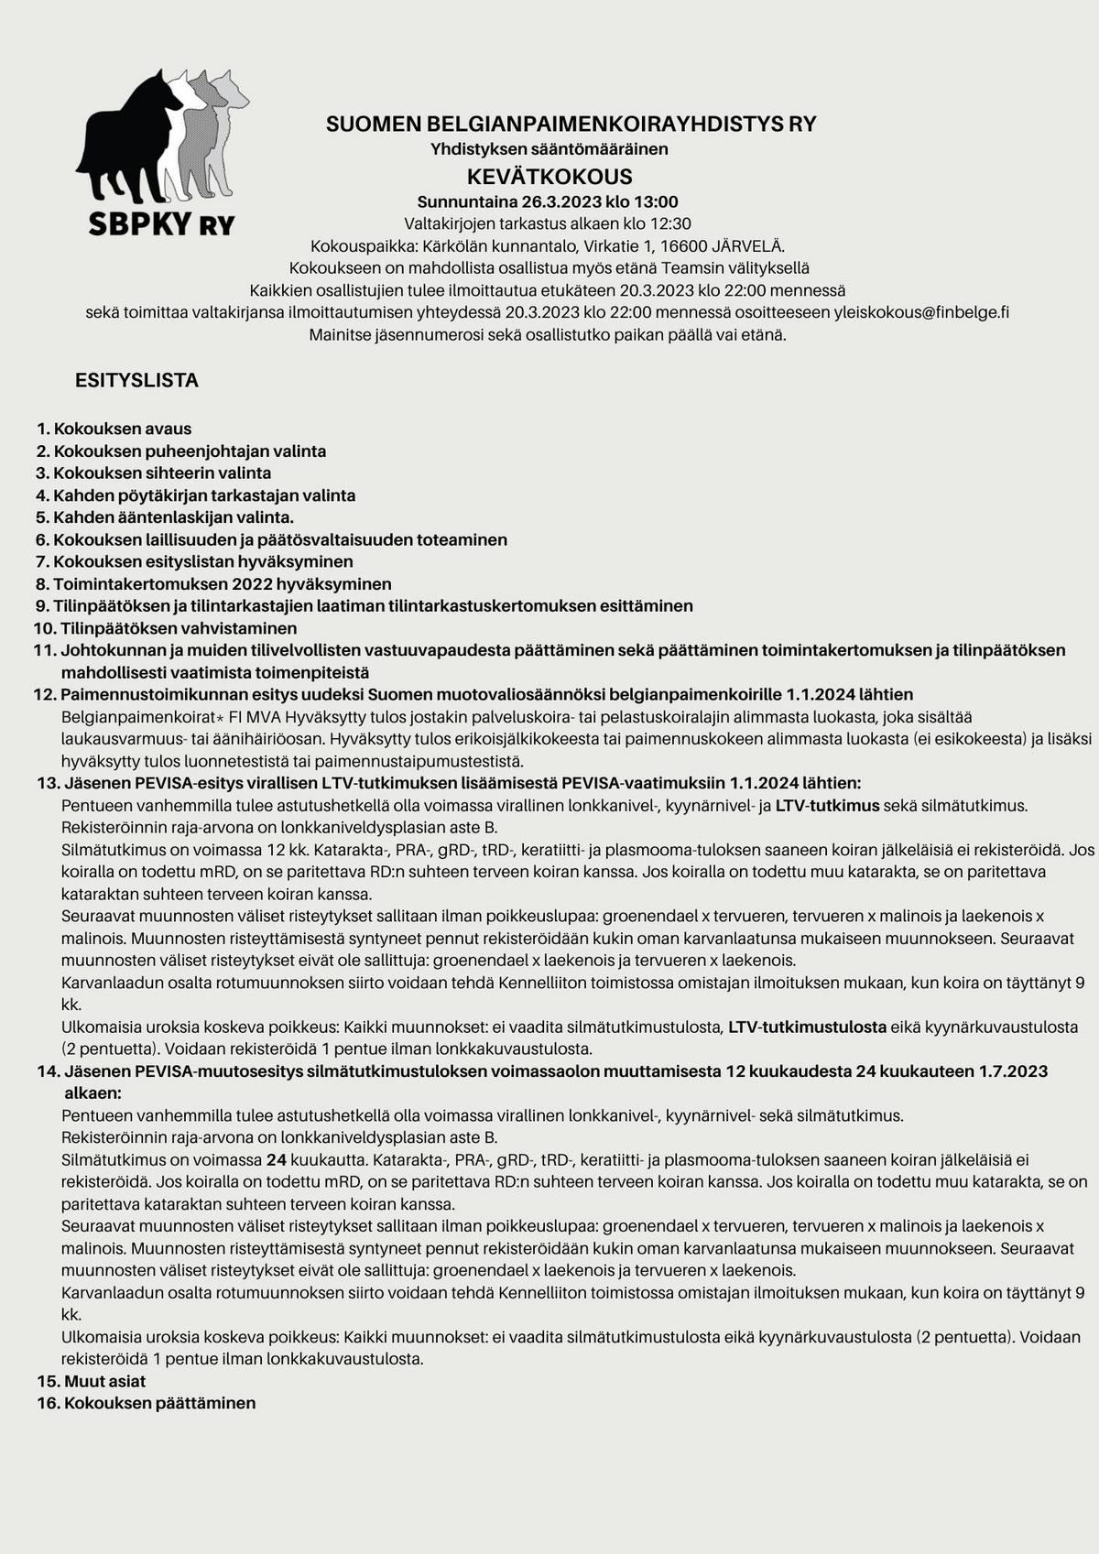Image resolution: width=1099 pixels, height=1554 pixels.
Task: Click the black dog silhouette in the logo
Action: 128,147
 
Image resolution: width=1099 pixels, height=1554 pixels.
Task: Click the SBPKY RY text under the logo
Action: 161,224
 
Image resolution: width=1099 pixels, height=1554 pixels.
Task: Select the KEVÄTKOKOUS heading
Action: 549,176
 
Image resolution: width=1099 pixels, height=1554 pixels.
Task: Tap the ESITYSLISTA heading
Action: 136,380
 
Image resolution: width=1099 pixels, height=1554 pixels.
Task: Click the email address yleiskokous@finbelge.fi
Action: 921,312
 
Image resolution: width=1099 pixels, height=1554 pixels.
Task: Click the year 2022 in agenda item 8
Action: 254,584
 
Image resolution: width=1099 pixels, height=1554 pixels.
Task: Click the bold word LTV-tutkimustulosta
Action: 807,1027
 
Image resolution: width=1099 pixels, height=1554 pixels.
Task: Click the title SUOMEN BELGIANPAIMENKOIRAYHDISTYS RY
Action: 571,124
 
